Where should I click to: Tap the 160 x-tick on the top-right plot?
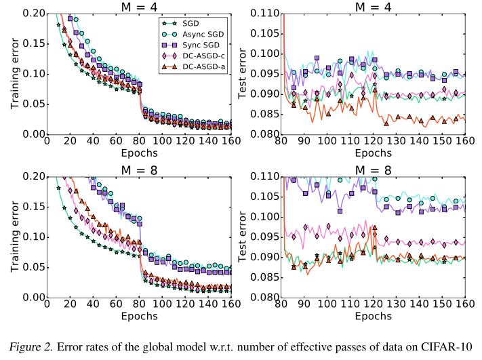coord(465,142)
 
